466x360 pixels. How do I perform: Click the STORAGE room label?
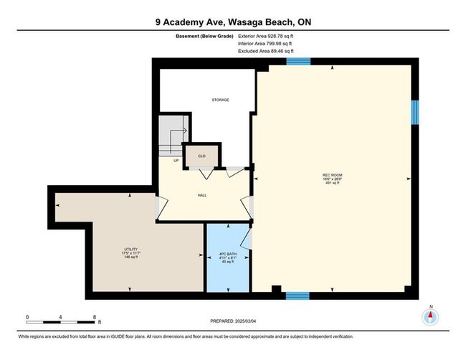[x=220, y=100]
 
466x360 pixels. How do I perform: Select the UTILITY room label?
[x=130, y=249]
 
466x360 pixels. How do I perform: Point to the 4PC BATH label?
[x=228, y=254]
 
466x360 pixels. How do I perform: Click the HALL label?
[x=202, y=195]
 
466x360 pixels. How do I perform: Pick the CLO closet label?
[x=201, y=156]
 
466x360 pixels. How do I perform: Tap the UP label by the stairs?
[x=176, y=161]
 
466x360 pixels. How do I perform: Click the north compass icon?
[x=430, y=317]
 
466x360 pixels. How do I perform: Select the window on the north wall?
[x=298, y=62]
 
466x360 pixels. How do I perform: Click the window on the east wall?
[x=415, y=113]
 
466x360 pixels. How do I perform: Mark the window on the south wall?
[x=298, y=295]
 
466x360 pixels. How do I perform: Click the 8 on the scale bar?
[x=95, y=317]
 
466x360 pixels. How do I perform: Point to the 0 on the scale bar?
[x=27, y=317]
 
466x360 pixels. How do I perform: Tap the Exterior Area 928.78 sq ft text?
[x=266, y=37]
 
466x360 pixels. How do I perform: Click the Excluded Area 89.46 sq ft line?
[x=266, y=51]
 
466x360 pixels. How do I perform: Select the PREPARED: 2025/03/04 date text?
[x=233, y=321]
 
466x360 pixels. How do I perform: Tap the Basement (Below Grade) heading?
[x=204, y=37]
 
